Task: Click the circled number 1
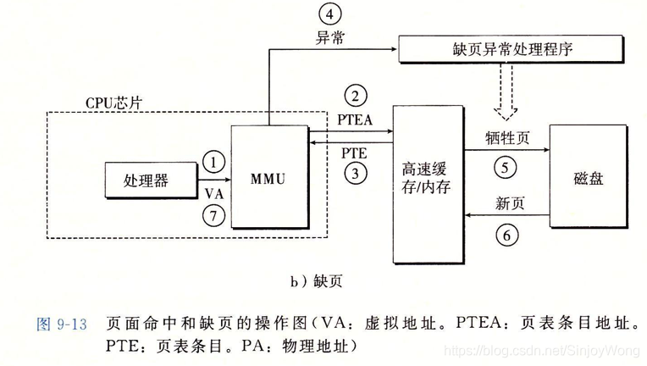point(215,160)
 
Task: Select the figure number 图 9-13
point(64,324)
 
